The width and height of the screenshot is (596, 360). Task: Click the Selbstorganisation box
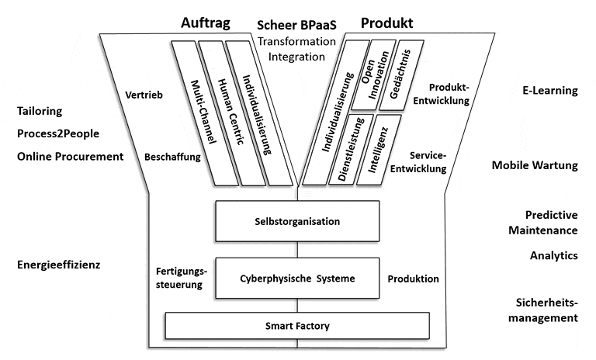click(x=296, y=221)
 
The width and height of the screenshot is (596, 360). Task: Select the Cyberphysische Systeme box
click(x=296, y=279)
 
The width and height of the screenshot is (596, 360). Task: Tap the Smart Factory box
click(x=297, y=324)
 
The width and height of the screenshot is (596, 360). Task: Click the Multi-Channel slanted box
click(x=196, y=113)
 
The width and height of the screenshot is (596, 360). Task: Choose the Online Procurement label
click(x=71, y=156)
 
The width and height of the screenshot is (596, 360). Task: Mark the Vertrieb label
click(x=143, y=96)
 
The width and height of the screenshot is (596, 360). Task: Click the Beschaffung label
click(x=172, y=157)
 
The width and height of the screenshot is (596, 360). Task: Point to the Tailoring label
click(x=39, y=112)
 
